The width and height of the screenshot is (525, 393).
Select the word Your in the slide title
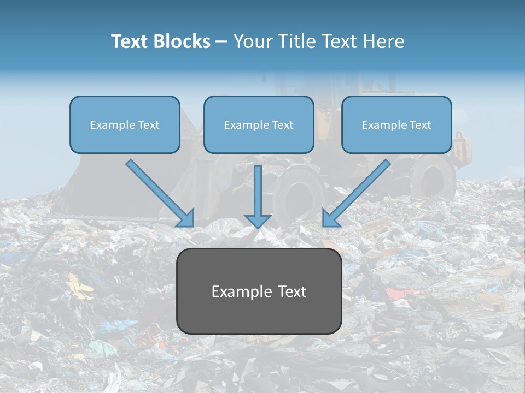(x=253, y=41)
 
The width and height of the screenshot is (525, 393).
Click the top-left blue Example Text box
(x=125, y=125)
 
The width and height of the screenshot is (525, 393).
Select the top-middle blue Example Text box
(x=259, y=125)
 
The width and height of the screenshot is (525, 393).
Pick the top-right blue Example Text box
(x=396, y=125)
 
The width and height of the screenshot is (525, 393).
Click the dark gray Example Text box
(x=259, y=291)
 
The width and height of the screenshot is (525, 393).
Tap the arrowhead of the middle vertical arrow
(x=258, y=221)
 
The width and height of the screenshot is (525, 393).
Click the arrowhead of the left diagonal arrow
(x=186, y=218)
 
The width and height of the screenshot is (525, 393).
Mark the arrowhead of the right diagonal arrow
(x=330, y=218)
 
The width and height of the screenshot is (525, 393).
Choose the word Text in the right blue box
(x=419, y=125)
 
